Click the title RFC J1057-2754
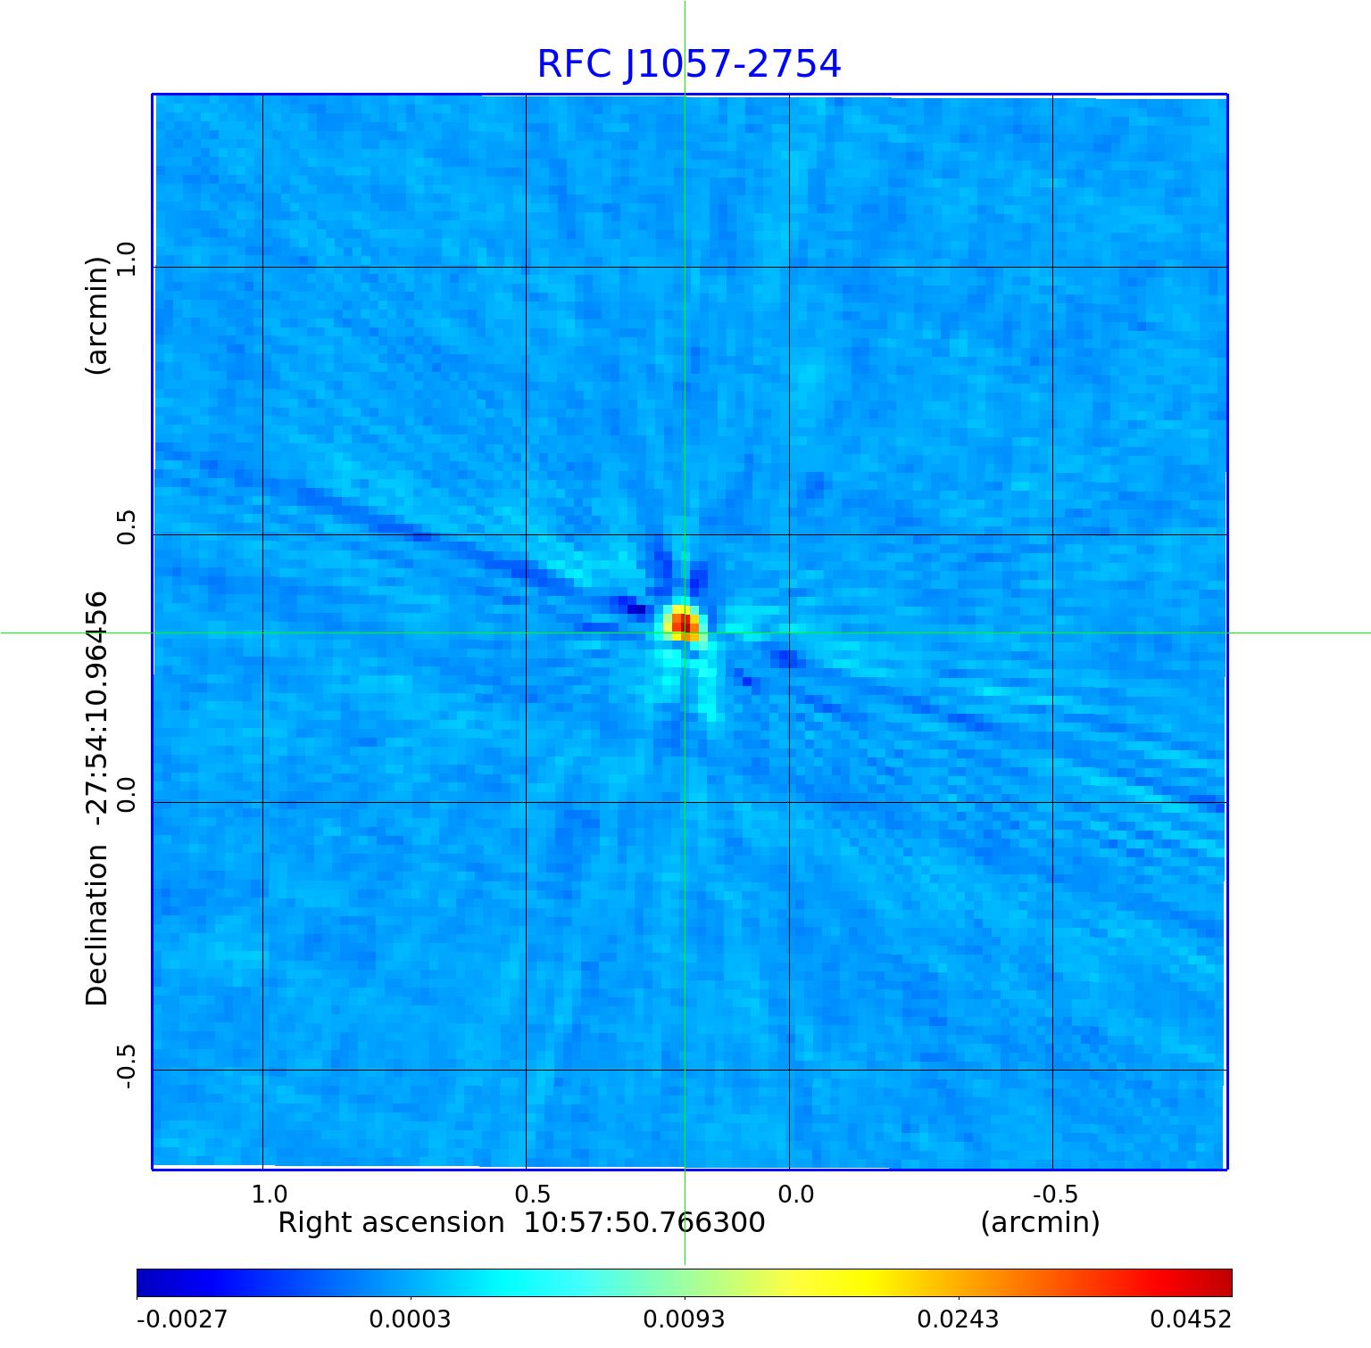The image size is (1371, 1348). (688, 64)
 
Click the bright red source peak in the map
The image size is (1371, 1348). (682, 622)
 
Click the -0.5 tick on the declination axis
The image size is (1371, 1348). (125, 1062)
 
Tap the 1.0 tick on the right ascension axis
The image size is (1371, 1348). (269, 1194)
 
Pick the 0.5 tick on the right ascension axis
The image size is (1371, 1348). (532, 1194)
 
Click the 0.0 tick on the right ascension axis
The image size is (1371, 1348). (795, 1194)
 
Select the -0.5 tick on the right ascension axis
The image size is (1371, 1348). (1055, 1194)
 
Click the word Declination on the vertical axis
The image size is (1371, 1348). (96, 925)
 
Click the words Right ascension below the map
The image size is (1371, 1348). (391, 1222)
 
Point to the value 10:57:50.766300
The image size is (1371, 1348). (644, 1222)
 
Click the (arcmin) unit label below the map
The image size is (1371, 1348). (1040, 1222)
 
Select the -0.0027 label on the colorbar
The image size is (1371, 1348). (182, 1319)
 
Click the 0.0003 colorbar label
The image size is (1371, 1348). (410, 1319)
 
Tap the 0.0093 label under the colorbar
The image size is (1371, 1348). (684, 1319)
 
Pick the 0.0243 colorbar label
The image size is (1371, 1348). (958, 1319)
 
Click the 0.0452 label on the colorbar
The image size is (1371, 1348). (1190, 1319)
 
